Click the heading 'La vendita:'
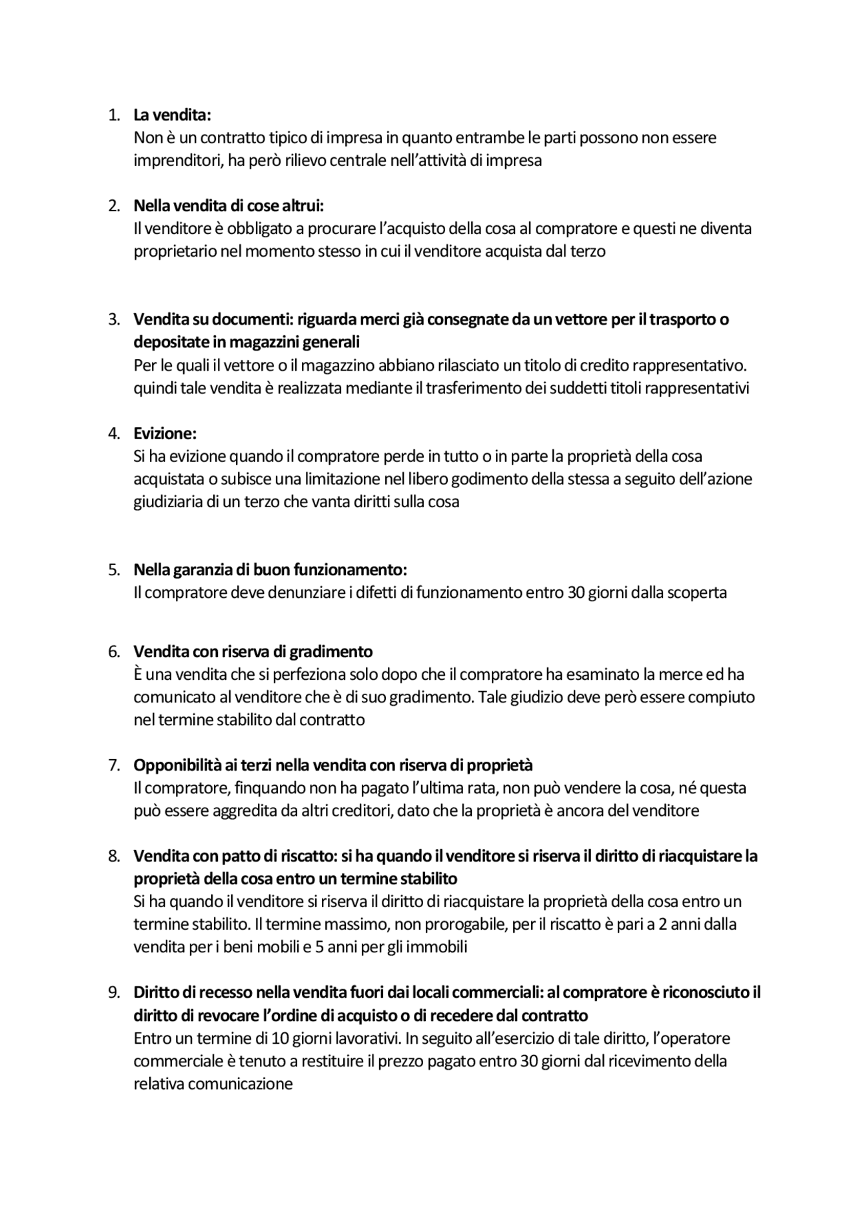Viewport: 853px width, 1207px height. [x=172, y=115]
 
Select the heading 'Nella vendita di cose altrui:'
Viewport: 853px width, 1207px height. [x=228, y=205]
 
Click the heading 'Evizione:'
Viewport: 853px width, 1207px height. [x=165, y=433]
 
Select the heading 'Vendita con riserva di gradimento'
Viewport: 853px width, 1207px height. [x=253, y=651]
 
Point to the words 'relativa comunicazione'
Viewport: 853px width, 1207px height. [x=213, y=1084]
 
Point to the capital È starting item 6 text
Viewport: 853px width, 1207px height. [x=138, y=674]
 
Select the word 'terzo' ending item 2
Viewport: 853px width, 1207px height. [x=587, y=251]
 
